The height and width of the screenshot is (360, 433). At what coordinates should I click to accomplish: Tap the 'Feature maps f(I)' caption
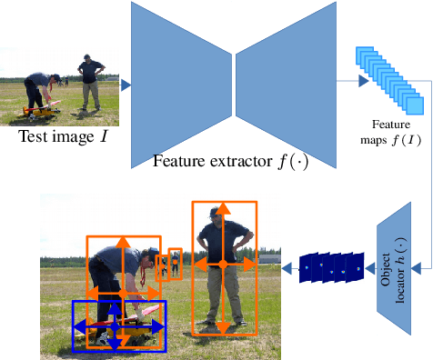tap(388, 131)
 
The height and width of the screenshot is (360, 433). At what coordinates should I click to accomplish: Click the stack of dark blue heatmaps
tap(332, 266)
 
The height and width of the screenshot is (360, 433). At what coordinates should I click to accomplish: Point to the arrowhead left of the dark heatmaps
tap(285, 266)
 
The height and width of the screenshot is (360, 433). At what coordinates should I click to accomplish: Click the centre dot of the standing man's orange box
tap(223, 265)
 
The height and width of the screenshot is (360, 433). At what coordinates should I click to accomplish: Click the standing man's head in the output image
tap(216, 215)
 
